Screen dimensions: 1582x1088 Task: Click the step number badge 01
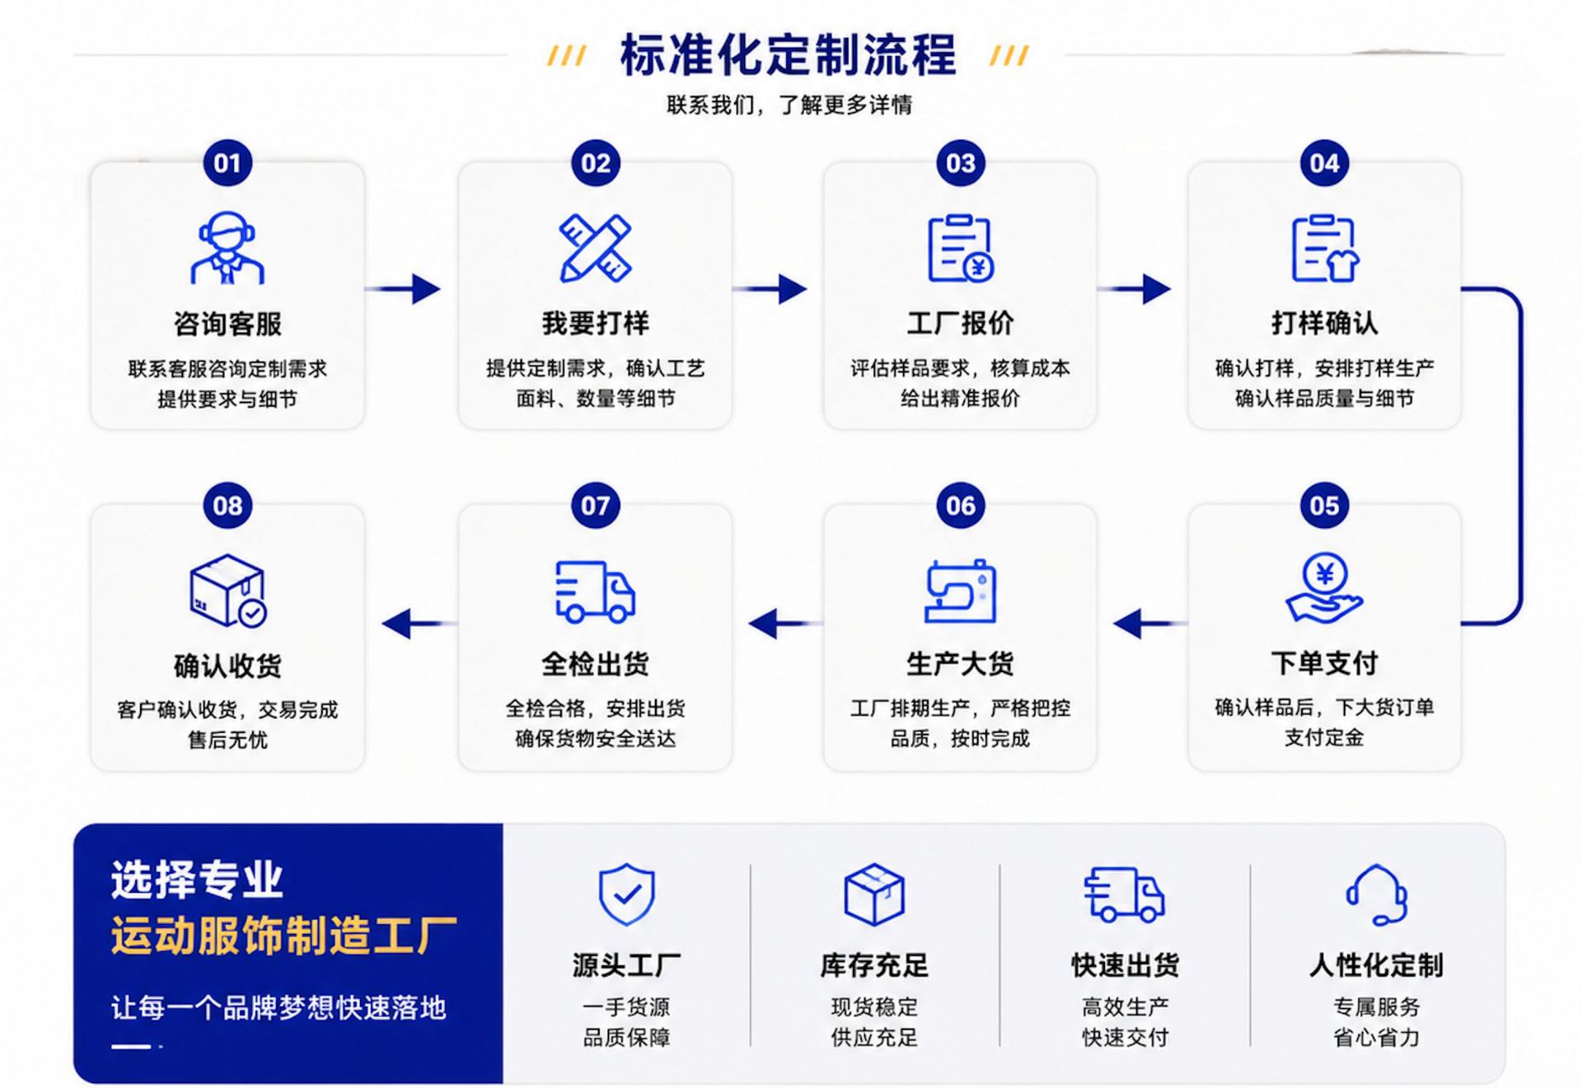227,163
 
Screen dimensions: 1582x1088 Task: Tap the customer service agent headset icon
227,247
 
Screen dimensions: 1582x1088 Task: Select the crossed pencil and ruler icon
595,248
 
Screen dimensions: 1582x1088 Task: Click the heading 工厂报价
960,323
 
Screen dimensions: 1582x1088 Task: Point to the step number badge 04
1324,163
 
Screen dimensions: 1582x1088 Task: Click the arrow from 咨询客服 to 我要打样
403,289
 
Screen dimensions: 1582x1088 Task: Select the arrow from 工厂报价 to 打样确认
1134,289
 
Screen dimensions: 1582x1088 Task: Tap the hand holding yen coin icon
1324,587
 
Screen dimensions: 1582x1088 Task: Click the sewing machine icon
960,591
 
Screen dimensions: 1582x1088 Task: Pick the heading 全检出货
595,664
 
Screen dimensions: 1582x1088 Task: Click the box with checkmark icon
228,591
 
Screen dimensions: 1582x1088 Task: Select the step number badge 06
960,506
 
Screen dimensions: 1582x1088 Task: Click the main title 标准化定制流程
789,55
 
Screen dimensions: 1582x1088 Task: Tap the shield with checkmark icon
627,894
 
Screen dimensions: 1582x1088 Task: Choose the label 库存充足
874,965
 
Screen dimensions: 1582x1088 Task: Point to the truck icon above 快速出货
1124,894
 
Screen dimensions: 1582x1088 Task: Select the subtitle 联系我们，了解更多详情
789,105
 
